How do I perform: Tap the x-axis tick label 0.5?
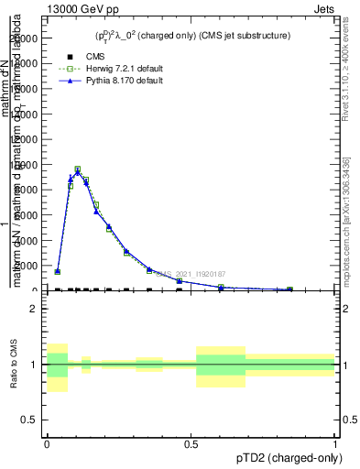pos(191,444)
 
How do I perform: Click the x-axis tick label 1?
pos(335,444)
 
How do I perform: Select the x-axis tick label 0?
pos(46,444)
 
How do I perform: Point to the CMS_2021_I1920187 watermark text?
pos(190,273)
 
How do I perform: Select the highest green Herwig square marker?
pos(77,169)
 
